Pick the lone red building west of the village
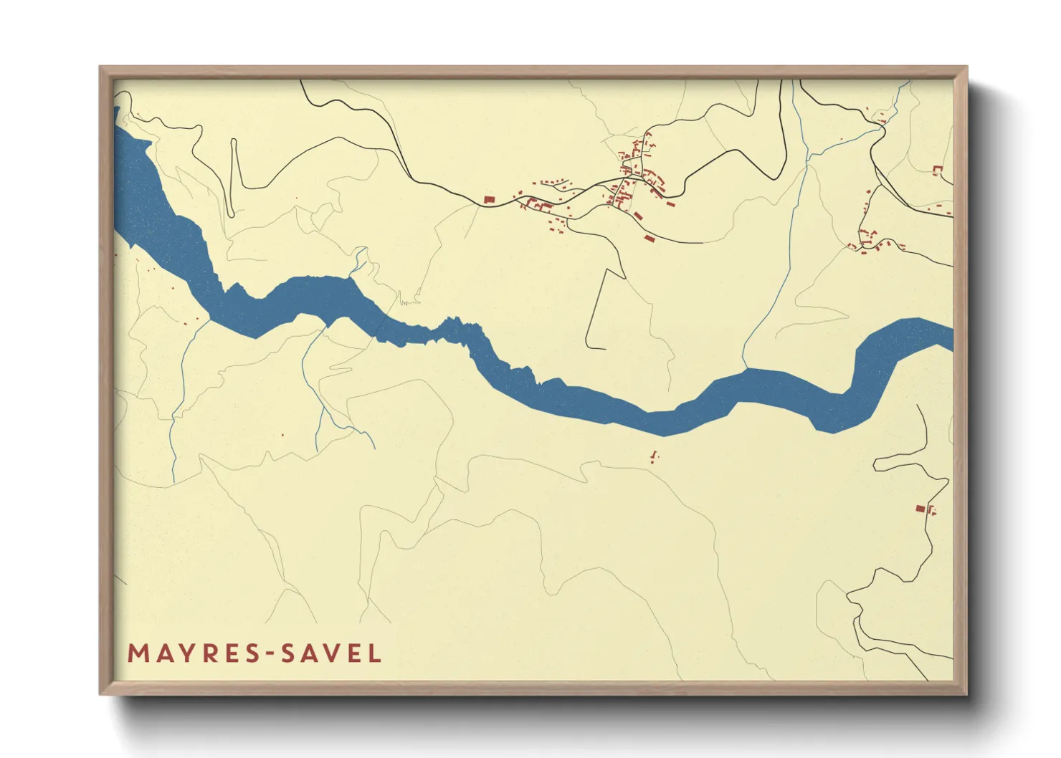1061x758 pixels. (x=490, y=200)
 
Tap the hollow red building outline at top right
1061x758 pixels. (x=936, y=170)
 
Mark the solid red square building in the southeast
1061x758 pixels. (x=920, y=509)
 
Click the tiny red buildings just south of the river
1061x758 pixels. (x=653, y=456)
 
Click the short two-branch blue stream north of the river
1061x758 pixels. (x=358, y=258)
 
